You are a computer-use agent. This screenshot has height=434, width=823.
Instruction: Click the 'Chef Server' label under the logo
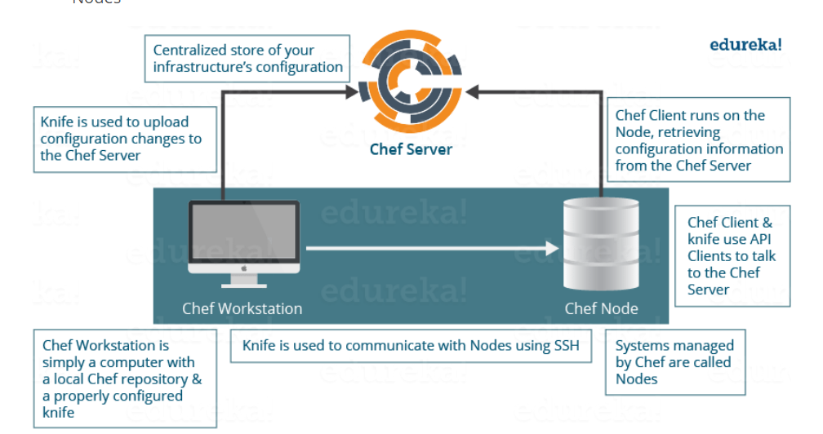tap(411, 149)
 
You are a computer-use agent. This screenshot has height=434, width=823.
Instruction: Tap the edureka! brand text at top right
tap(745, 45)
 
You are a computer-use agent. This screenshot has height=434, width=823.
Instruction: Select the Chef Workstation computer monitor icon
tap(244, 237)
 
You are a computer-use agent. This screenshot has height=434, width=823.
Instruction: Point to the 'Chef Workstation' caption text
tap(242, 308)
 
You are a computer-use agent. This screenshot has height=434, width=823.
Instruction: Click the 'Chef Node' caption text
tap(601, 308)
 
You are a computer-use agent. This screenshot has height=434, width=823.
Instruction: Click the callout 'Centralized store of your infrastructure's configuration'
tap(248, 59)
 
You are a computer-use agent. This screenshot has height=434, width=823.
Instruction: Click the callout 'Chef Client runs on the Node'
tap(699, 140)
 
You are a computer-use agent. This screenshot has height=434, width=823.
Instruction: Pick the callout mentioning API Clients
tap(732, 255)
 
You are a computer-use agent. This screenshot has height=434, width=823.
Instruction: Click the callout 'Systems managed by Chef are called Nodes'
tap(674, 361)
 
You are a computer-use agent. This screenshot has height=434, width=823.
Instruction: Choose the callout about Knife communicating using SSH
tap(411, 346)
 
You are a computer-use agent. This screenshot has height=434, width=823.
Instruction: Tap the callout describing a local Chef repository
tap(124, 379)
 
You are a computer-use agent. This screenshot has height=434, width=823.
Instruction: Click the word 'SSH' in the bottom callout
tap(565, 346)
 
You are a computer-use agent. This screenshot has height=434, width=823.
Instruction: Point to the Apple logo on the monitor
tap(244, 268)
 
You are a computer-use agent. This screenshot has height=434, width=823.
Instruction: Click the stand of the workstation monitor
tap(244, 279)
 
